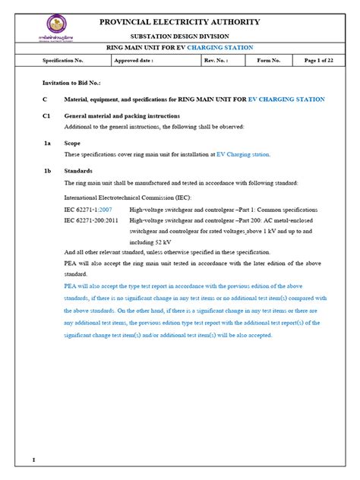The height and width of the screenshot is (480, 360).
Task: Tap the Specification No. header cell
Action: (62, 60)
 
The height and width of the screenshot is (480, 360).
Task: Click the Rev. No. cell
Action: (215, 60)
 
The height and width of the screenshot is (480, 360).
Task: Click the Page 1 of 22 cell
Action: (320, 60)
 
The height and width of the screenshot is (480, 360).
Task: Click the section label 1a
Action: (47, 142)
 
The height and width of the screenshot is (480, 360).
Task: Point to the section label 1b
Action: (47, 171)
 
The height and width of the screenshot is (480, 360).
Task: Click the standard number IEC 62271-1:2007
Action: (88, 208)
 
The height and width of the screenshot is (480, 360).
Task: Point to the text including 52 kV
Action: (155, 241)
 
